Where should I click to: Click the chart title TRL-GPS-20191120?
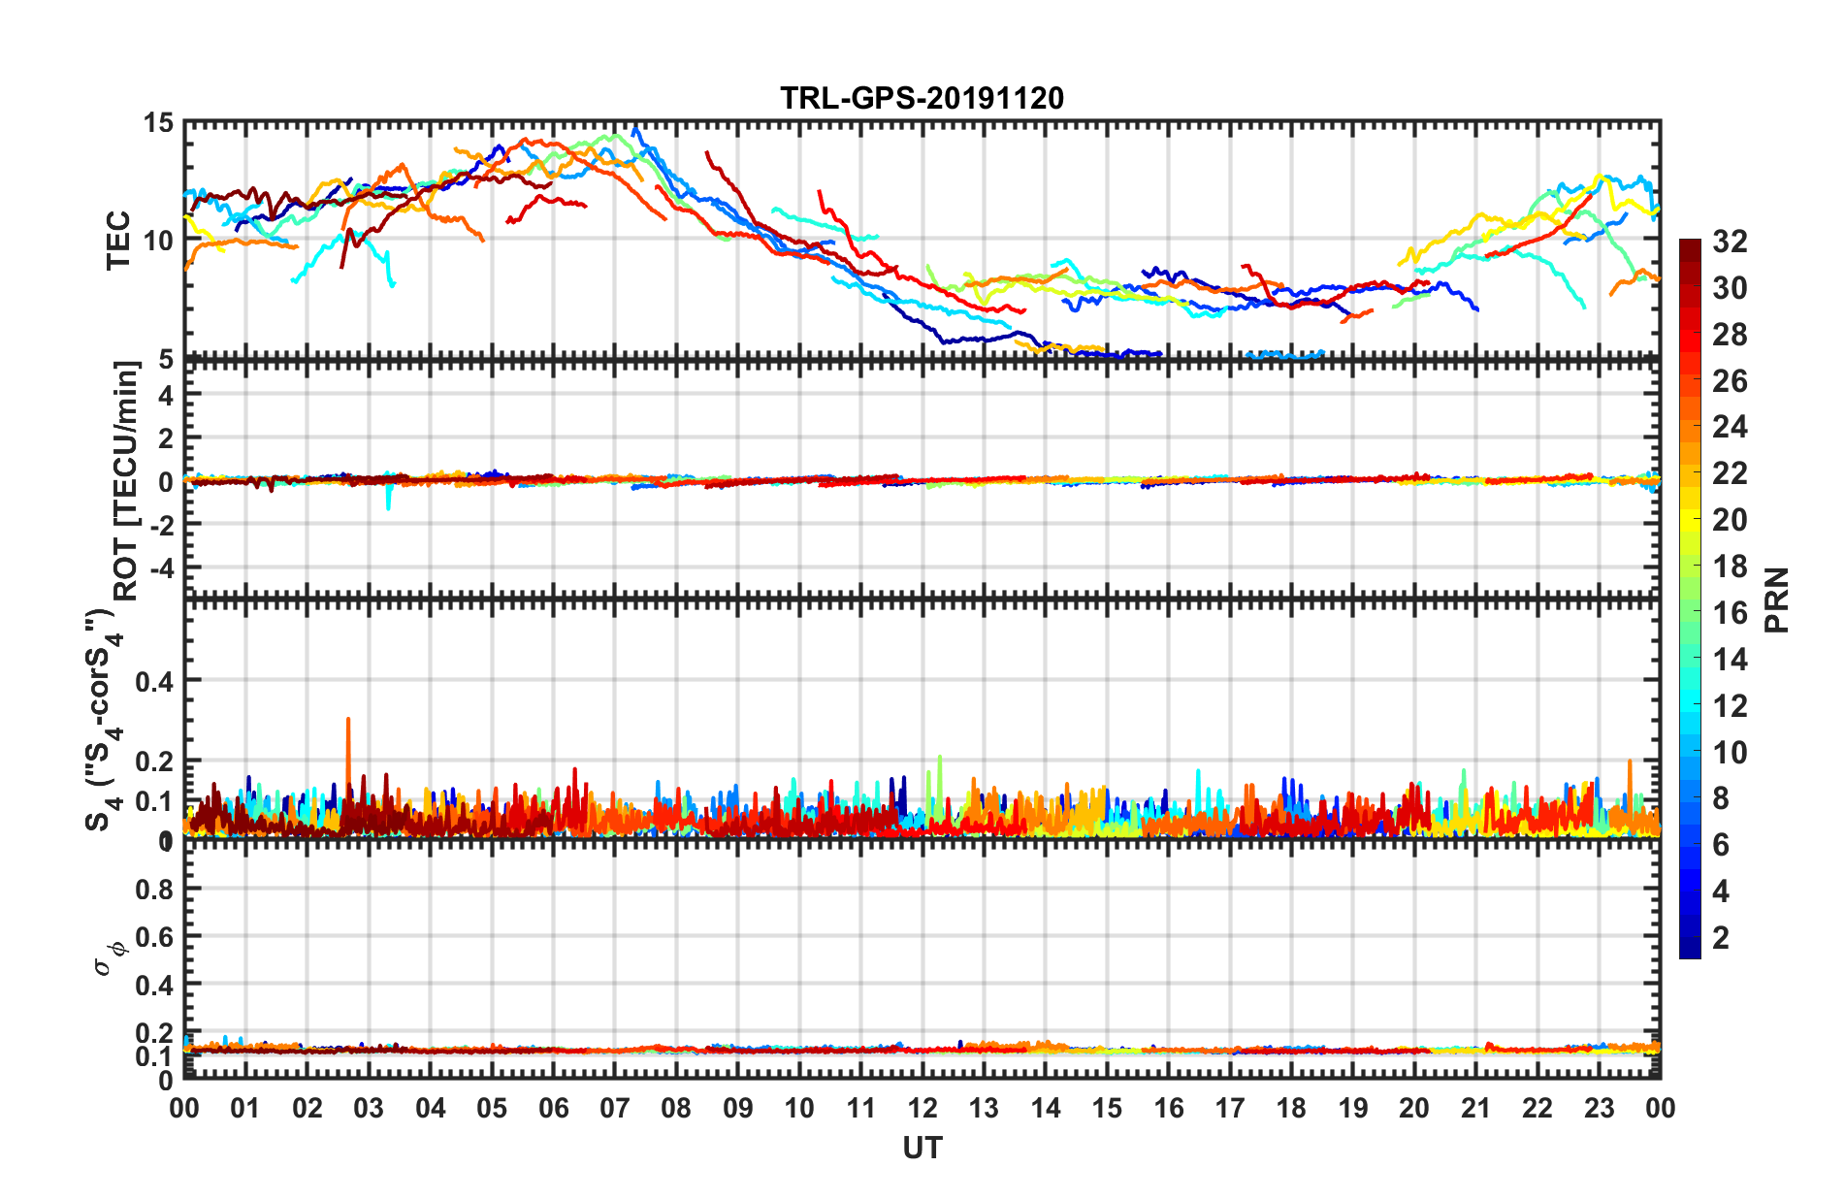[x=922, y=98]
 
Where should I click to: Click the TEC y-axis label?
[x=118, y=240]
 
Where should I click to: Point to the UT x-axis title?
[x=922, y=1149]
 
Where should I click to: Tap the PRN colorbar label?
[x=1776, y=599]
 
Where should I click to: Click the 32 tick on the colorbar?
[x=1730, y=242]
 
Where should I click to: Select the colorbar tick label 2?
[x=1721, y=937]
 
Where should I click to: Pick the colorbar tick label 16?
[x=1730, y=612]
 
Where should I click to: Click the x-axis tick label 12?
[x=922, y=1108]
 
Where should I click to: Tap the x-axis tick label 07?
[x=615, y=1108]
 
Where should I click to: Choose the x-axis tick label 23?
[x=1599, y=1108]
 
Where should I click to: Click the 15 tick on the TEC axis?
[x=158, y=123]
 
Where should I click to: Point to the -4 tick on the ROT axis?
[x=160, y=567]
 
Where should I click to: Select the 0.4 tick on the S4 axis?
[x=154, y=681]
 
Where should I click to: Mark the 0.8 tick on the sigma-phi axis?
[x=154, y=889]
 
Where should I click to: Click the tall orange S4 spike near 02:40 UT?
[x=348, y=723]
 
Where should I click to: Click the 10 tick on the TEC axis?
[x=158, y=241]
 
